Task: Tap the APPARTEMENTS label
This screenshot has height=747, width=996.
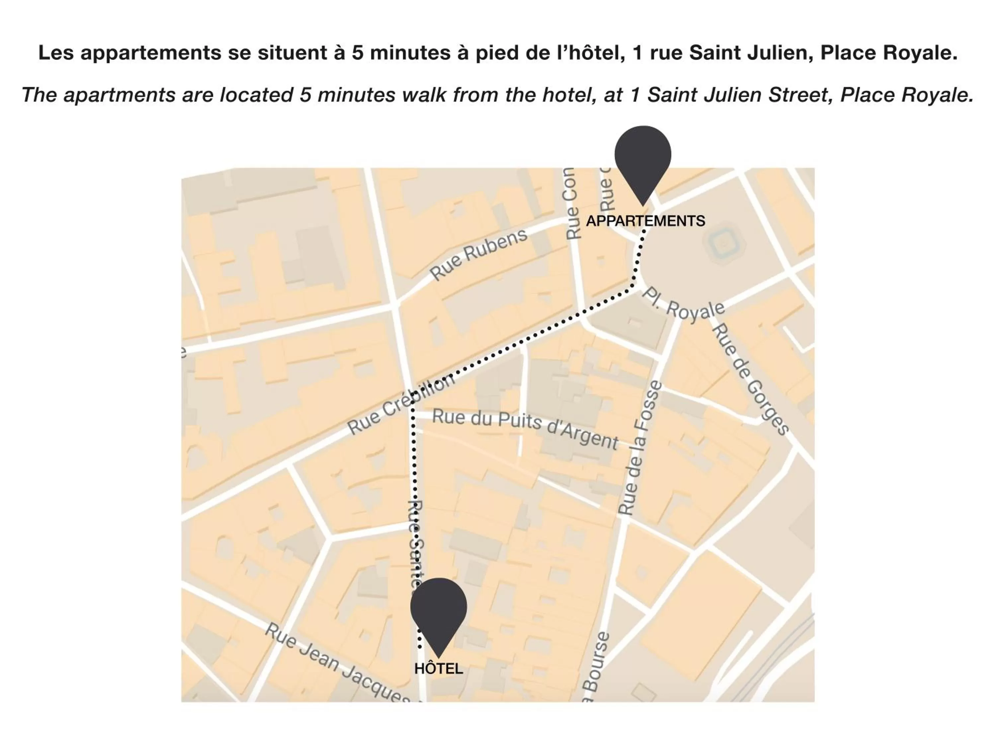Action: coord(645,221)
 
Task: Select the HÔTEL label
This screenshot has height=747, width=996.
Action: coord(438,669)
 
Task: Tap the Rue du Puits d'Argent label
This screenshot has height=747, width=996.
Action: coord(525,429)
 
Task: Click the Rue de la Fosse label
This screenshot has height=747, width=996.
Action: coord(640,448)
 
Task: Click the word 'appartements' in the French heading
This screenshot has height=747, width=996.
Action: coord(151,53)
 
